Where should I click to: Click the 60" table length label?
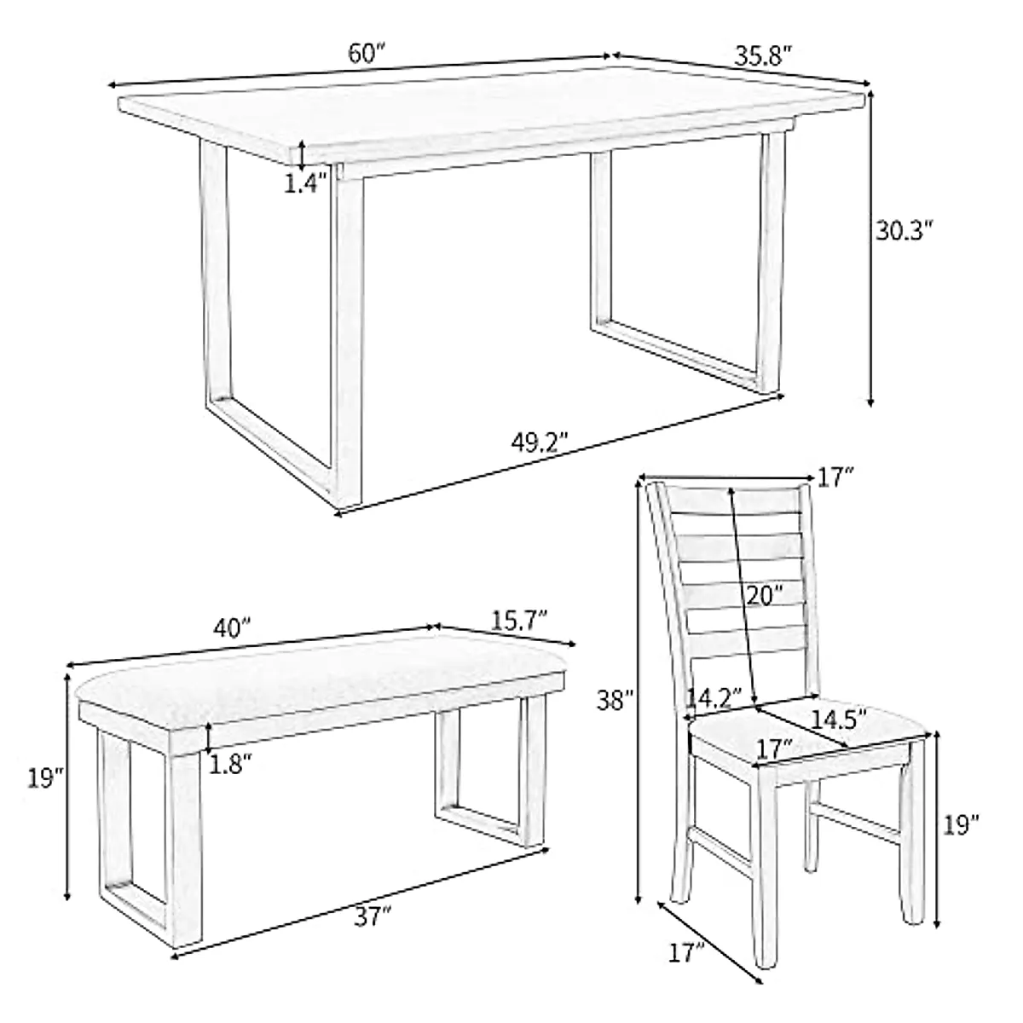(x=367, y=53)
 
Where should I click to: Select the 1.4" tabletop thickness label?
(x=305, y=183)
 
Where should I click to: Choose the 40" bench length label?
(x=232, y=628)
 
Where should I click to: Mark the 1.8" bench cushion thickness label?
(x=230, y=764)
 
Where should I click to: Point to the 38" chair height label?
(x=615, y=700)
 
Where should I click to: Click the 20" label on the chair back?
(x=762, y=594)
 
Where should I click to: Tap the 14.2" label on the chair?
(x=714, y=699)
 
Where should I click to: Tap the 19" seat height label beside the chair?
(x=962, y=824)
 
